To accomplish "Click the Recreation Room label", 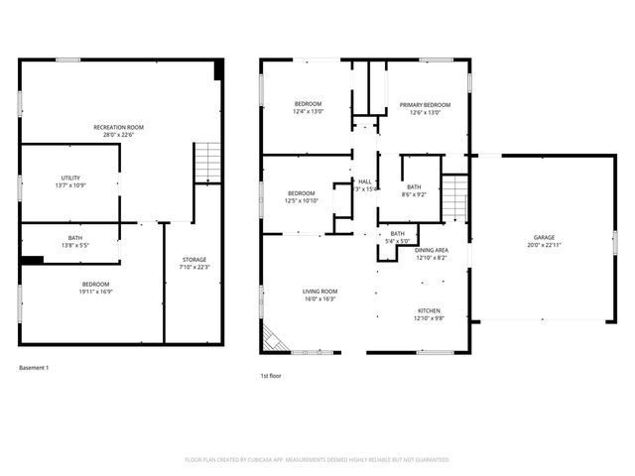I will pos(119,128).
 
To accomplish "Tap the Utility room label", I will pos(70,178).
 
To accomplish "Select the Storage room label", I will pos(193,260).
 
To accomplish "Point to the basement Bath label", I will pos(75,238).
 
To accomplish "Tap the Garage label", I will pos(544,238).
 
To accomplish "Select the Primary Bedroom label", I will pos(425,105).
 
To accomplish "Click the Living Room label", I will pos(319,291).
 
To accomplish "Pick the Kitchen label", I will pos(429,311).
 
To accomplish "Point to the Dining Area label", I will pos(431,250).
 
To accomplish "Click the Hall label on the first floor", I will pos(365,181).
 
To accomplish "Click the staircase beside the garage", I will pos(453,196).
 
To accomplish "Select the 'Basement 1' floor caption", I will pos(34,368).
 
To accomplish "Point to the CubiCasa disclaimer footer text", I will pos(317,460).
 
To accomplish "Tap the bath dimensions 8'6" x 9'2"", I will pos(415,194).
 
